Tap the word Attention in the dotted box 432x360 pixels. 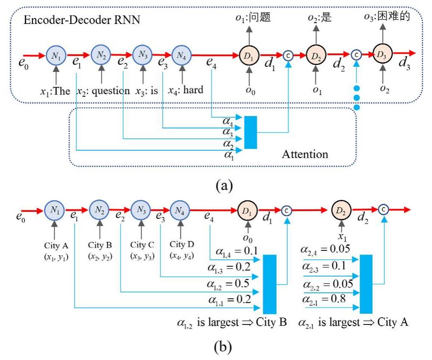(x=305, y=154)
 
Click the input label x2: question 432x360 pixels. (x=103, y=90)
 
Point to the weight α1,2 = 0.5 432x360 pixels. (x=229, y=284)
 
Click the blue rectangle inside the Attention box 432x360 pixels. (x=250, y=132)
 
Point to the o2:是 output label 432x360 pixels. (x=320, y=18)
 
